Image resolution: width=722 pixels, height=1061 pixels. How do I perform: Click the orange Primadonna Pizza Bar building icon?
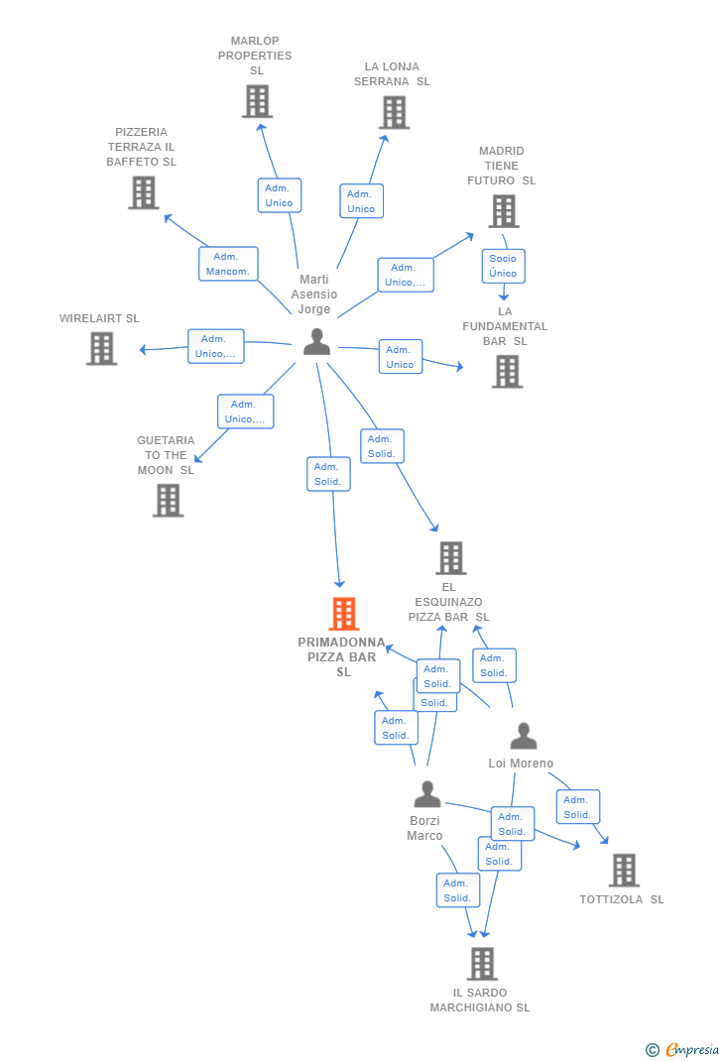pyautogui.click(x=343, y=614)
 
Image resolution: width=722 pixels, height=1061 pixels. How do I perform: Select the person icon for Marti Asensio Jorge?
pyautogui.click(x=316, y=341)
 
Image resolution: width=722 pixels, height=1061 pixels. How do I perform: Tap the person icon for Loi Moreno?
pyautogui.click(x=523, y=736)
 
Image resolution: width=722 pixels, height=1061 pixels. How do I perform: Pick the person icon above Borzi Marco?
pyautogui.click(x=426, y=794)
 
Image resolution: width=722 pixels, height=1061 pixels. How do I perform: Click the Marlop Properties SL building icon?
pyautogui.click(x=257, y=101)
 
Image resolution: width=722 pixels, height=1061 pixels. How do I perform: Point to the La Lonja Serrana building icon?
pyautogui.click(x=395, y=112)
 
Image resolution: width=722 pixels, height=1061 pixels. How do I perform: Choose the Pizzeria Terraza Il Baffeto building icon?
pyautogui.click(x=143, y=192)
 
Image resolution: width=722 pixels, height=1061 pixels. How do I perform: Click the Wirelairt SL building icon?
pyautogui.click(x=101, y=348)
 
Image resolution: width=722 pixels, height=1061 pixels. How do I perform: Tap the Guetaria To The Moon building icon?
pyautogui.click(x=168, y=500)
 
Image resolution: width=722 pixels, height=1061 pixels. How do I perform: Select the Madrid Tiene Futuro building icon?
pyautogui.click(x=503, y=210)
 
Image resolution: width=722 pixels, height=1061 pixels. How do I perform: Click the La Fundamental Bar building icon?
pyautogui.click(x=507, y=371)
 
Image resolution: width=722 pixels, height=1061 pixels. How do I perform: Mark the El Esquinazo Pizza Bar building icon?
pyautogui.click(x=450, y=558)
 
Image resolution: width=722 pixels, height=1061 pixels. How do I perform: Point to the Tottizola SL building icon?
pyautogui.click(x=623, y=870)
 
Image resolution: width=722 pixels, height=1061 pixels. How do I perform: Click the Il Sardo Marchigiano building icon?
pyautogui.click(x=481, y=963)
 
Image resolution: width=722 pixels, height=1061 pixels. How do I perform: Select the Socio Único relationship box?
pyautogui.click(x=503, y=266)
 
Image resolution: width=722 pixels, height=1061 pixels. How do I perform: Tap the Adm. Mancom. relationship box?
pyautogui.click(x=228, y=264)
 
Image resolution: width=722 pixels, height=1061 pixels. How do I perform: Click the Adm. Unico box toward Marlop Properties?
pyautogui.click(x=279, y=195)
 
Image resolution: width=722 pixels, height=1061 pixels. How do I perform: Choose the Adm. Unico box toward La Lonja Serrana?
pyautogui.click(x=361, y=200)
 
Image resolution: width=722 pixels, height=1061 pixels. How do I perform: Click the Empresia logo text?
pyautogui.click(x=691, y=1050)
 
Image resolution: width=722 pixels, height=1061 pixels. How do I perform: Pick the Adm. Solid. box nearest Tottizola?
pyautogui.click(x=577, y=807)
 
